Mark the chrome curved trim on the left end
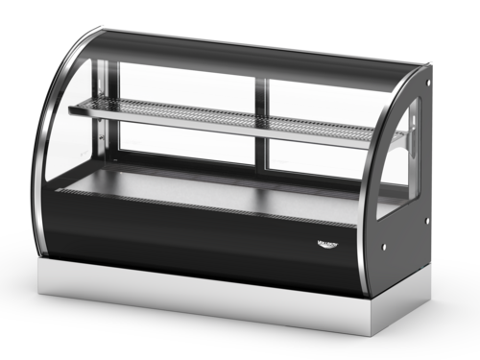[44, 144]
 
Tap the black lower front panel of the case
[192, 235]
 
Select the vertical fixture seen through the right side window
[414, 134]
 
